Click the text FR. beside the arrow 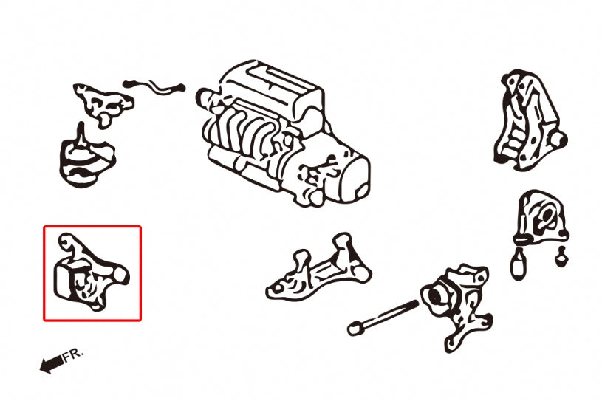pos(74,354)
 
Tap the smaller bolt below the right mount pos(561,256)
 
